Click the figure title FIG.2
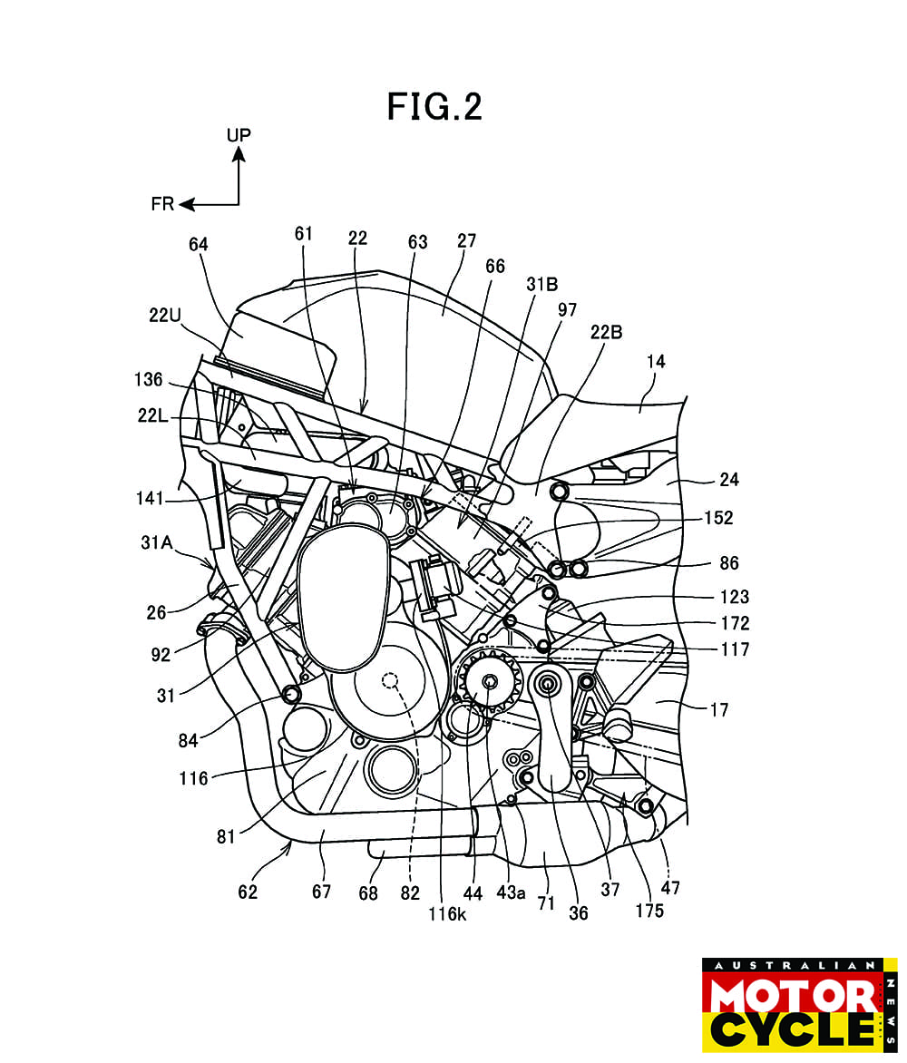(434, 107)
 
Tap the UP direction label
(239, 135)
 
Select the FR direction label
(163, 205)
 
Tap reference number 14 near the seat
(656, 362)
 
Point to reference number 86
(728, 563)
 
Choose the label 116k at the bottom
(448, 914)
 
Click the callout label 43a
(511, 892)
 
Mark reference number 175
(649, 910)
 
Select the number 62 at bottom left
(248, 892)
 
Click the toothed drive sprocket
(490, 682)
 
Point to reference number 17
(719, 710)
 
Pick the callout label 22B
(607, 332)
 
